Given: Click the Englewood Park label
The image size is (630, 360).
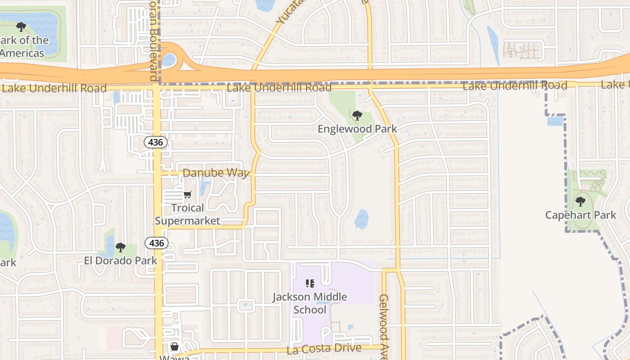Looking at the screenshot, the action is tap(357, 129).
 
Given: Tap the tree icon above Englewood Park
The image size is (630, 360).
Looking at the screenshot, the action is tap(357, 116).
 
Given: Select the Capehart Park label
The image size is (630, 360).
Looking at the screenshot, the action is tap(580, 215).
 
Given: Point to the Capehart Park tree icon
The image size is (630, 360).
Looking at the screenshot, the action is tap(580, 201).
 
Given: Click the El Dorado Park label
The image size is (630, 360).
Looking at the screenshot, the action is tap(121, 261).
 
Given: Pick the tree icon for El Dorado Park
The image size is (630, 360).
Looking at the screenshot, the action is tap(120, 247).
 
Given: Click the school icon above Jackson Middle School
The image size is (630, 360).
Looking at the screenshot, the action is tap(310, 283).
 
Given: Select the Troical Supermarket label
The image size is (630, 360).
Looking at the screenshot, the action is tap(188, 214).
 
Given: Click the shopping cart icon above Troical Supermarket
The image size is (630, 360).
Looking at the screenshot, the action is tap(188, 195).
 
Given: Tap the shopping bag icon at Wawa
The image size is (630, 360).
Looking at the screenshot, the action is tap(175, 346).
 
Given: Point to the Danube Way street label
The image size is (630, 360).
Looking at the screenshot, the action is tap(216, 173).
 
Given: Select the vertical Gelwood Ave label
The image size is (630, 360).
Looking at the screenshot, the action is tap(383, 326).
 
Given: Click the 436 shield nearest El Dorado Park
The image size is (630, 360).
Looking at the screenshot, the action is tap(156, 243).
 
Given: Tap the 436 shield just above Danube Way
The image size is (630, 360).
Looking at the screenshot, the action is tap(156, 143).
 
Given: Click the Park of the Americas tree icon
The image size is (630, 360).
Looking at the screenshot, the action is tap(21, 27).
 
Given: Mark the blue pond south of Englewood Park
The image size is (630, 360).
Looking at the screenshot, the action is tap(361, 219).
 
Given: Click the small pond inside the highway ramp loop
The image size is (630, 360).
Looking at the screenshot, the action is tap(169, 59).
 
